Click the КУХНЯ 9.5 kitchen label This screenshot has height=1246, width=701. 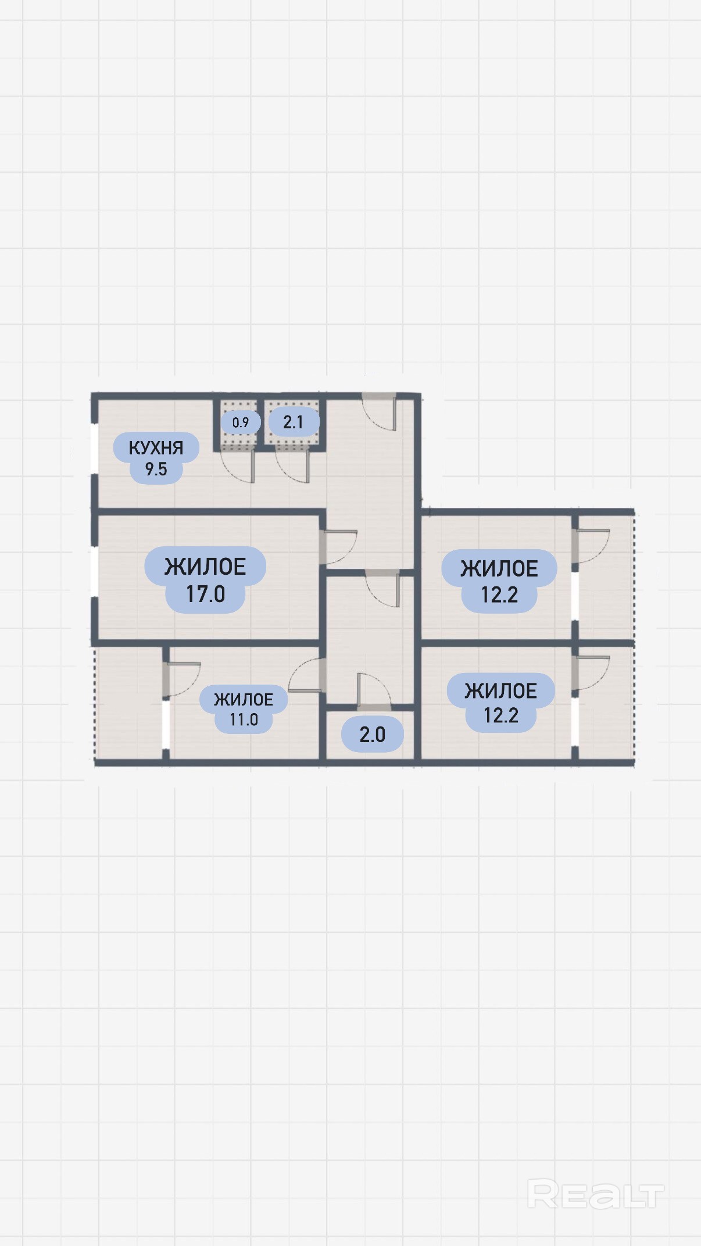(x=156, y=458)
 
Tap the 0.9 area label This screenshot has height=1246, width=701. (x=241, y=423)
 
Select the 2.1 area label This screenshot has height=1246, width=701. (x=294, y=422)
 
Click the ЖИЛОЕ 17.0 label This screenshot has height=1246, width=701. (x=205, y=580)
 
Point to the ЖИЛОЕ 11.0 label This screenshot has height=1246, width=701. (x=244, y=709)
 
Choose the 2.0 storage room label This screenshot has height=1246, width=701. (x=372, y=735)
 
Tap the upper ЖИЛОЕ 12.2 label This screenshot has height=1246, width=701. (x=499, y=581)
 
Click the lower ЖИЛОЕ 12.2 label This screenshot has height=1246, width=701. (x=500, y=703)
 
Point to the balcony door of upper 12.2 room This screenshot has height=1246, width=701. (x=591, y=546)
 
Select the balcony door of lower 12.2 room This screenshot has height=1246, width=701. (x=591, y=674)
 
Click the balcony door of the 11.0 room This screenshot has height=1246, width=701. (x=181, y=679)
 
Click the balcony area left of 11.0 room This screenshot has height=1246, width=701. (x=128, y=703)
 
